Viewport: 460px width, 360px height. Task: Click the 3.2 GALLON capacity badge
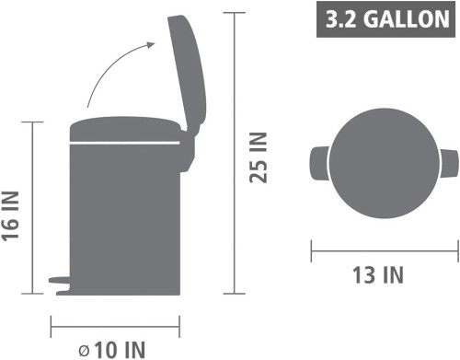[385, 19]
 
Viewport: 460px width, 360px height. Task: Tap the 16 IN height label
[10, 215]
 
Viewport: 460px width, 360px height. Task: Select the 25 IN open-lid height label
[259, 157]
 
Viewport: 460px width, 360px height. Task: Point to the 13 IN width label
[378, 275]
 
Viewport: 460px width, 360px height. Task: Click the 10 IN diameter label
[120, 350]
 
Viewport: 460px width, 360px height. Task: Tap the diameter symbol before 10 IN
[84, 351]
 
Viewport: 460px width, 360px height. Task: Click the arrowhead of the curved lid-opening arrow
[151, 45]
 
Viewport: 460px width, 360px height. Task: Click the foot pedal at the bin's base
[60, 280]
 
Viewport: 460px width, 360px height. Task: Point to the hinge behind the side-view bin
[187, 150]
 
